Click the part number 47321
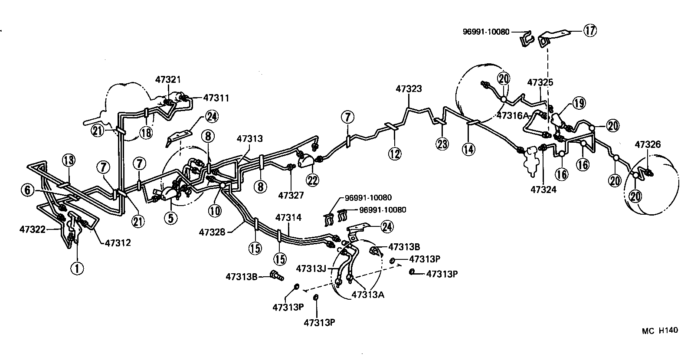[x=168, y=79]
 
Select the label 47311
[x=216, y=98]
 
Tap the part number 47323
[x=409, y=89]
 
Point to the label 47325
[x=540, y=82]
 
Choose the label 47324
[x=543, y=189]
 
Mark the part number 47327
[x=291, y=195]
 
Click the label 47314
[x=288, y=217]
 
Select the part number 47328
[x=212, y=232]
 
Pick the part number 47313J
[x=311, y=268]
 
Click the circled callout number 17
[x=589, y=30]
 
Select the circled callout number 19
[x=579, y=103]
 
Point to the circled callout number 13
[x=68, y=160]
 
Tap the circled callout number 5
[x=170, y=218]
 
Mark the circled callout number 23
[x=442, y=144]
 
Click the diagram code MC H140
[x=659, y=331]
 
